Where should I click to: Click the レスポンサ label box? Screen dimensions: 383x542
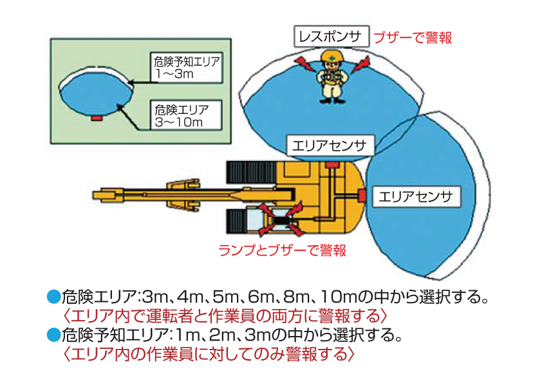(332, 36)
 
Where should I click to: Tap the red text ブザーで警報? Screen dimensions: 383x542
(413, 37)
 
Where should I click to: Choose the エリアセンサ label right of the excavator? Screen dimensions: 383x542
(415, 196)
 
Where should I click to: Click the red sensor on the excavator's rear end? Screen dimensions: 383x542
(362, 194)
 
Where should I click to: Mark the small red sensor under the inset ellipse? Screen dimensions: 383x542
(97, 118)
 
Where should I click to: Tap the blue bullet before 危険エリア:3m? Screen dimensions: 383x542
(54, 298)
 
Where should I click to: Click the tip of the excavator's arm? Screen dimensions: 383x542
(97, 194)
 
